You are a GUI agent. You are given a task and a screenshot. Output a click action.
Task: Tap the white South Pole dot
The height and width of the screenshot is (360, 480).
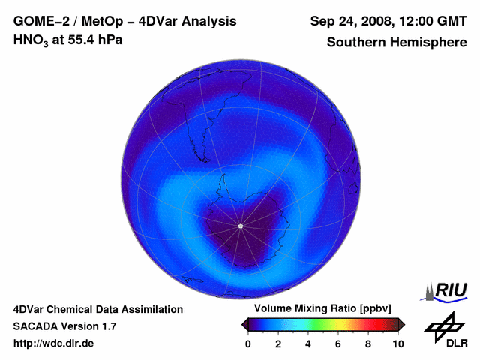pyautogui.click(x=240, y=226)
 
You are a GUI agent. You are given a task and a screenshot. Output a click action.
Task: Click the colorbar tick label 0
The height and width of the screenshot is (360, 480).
pyautogui.click(x=248, y=344)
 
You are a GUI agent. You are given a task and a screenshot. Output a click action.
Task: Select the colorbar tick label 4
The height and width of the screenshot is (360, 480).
pyautogui.click(x=308, y=344)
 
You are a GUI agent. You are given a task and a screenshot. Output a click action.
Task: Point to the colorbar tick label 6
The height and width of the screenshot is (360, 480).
pyautogui.click(x=338, y=344)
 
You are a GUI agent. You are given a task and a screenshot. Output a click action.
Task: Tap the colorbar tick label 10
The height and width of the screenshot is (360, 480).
pyautogui.click(x=398, y=344)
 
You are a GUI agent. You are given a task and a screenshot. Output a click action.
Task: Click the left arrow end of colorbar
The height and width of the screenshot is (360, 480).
pyautogui.click(x=244, y=324)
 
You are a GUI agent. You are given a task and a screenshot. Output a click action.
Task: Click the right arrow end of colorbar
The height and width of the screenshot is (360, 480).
pyautogui.click(x=401, y=324)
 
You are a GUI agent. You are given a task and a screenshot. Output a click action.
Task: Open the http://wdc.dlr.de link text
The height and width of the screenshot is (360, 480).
pyautogui.click(x=54, y=343)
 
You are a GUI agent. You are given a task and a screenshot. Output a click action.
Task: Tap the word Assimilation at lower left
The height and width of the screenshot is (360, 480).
pyautogui.click(x=153, y=309)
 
